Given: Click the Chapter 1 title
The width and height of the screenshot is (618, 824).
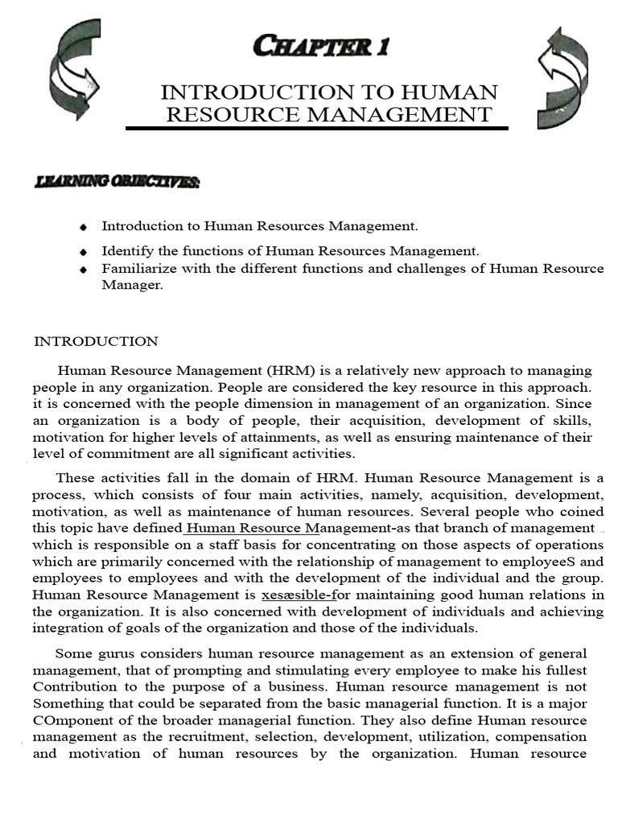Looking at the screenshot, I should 320,47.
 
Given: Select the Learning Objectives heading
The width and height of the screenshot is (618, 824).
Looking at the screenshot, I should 117,182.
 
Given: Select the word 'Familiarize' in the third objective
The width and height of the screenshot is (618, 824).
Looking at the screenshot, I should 135,268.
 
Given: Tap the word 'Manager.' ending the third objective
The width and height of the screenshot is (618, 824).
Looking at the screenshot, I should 132,285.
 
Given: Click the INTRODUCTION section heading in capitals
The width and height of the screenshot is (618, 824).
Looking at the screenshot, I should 96,341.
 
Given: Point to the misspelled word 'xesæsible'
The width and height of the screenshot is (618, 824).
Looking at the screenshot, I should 289,595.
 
